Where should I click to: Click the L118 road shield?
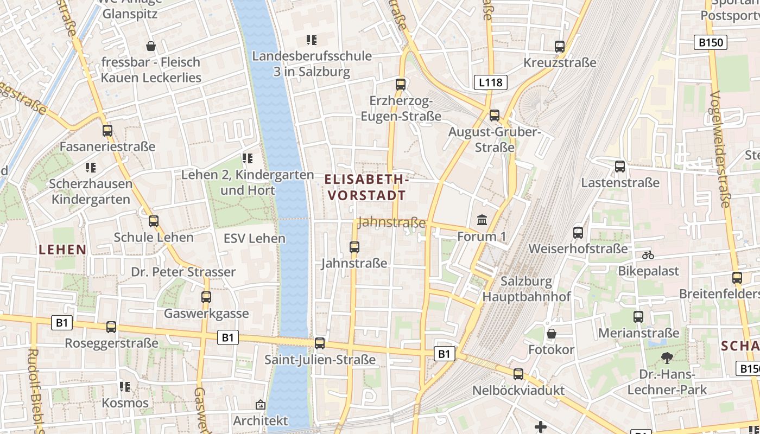(491, 82)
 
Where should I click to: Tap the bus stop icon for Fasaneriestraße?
(107, 131)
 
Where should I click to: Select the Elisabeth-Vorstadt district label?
(367, 187)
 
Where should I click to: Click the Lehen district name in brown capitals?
(63, 250)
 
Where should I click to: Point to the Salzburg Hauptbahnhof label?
(527, 289)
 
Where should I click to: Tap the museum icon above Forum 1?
(482, 220)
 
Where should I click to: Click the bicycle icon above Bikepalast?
(648, 255)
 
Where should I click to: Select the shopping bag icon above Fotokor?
(552, 333)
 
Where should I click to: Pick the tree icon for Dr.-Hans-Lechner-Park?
(667, 358)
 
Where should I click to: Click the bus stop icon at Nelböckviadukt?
(518, 374)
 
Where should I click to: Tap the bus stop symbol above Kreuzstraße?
(560, 47)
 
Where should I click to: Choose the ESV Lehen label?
(254, 238)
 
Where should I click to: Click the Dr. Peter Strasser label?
(183, 272)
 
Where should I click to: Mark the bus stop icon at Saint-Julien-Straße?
(320, 343)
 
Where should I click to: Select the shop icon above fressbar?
(151, 46)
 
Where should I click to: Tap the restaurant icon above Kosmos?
(125, 387)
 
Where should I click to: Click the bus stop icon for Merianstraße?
(638, 316)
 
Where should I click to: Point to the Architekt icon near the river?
(261, 405)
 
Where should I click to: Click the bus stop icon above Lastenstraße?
(620, 167)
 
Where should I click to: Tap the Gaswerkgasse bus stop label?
(206, 314)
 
